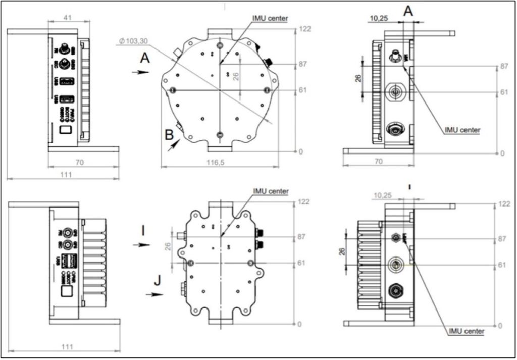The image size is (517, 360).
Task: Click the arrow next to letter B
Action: pyautogui.click(x=173, y=145)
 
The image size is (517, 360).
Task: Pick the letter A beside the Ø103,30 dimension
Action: pyautogui.click(x=145, y=59)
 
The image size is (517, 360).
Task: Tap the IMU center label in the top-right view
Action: pyautogui.click(x=462, y=130)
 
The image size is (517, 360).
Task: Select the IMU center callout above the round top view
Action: pyautogui.click(x=270, y=18)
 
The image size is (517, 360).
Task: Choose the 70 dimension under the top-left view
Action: pyautogui.click(x=79, y=162)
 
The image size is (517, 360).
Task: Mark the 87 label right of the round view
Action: pyautogui.click(x=304, y=64)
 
